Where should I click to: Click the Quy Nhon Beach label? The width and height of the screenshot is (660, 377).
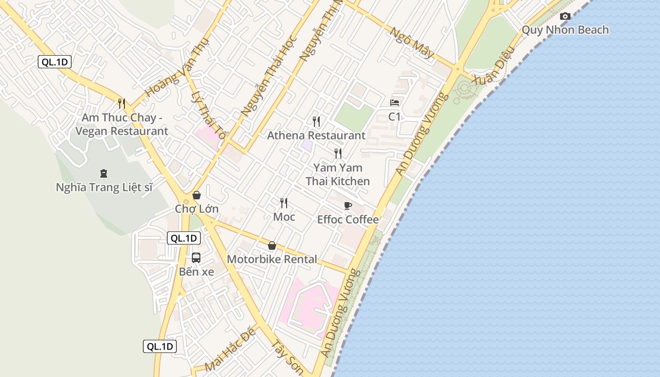tap(565, 30)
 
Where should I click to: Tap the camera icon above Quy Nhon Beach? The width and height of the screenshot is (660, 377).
tap(565, 16)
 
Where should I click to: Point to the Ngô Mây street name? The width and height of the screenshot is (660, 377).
tap(412, 43)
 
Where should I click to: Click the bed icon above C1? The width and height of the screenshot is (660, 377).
tap(395, 102)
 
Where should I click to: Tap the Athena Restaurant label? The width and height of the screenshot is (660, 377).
tap(316, 136)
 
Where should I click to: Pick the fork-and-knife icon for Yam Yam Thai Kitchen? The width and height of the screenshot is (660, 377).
tap(338, 153)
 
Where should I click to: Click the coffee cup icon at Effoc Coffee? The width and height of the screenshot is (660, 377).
tap(347, 205)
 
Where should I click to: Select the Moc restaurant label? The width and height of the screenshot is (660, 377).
tap(284, 217)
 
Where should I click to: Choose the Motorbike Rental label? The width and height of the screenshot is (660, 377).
tap(272, 259)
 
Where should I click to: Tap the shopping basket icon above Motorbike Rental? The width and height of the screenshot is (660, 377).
tap(272, 246)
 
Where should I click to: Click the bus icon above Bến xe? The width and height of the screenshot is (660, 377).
tap(196, 258)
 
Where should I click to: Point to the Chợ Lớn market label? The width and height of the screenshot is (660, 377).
tap(197, 209)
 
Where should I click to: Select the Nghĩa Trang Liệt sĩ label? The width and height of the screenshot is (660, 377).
tap(104, 188)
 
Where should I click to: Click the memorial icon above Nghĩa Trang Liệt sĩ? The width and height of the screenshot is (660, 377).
tap(104, 173)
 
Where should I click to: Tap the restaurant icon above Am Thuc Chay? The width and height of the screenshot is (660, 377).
tap(121, 103)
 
